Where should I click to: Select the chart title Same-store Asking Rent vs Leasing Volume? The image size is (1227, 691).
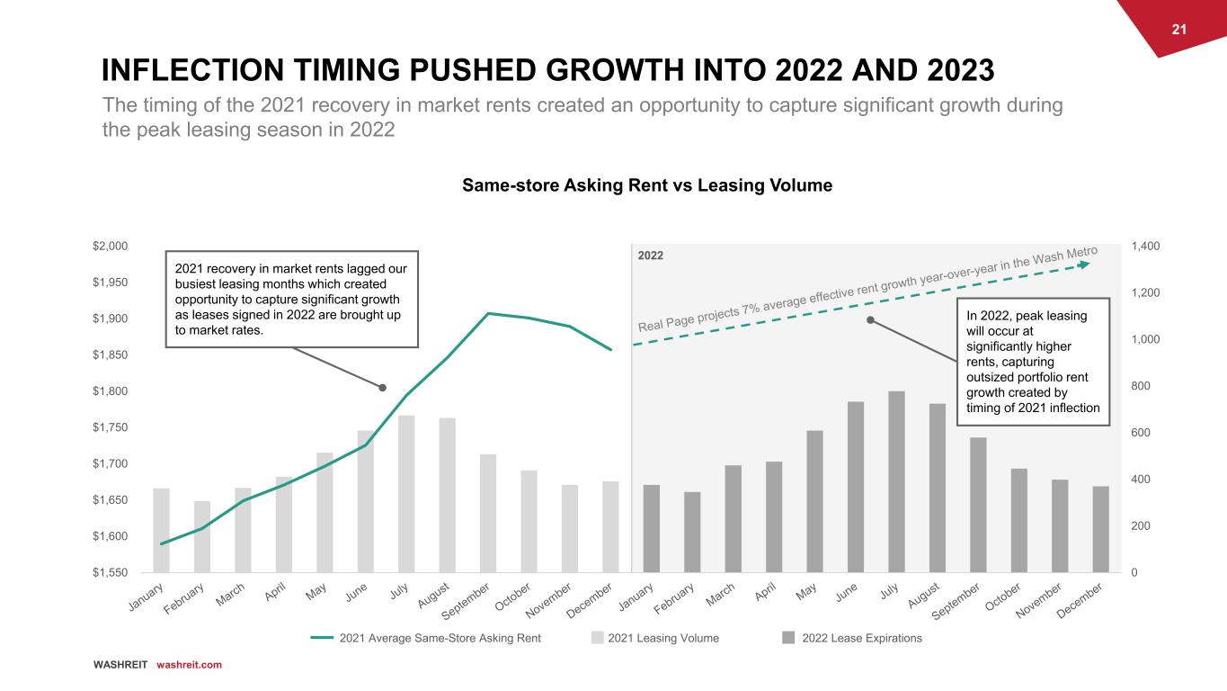(x=646, y=185)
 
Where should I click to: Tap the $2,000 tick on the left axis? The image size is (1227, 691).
(x=111, y=247)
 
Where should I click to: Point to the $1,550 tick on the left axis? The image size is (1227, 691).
(x=111, y=572)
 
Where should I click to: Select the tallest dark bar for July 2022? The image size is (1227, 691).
(x=896, y=481)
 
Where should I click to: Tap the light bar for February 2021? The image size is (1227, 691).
(x=202, y=536)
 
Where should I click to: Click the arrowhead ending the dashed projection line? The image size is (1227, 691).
(x=1084, y=264)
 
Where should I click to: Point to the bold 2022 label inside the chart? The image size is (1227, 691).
(x=651, y=256)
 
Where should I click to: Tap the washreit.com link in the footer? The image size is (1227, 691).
(x=189, y=665)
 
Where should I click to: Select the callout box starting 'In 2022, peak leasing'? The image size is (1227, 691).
(x=1034, y=362)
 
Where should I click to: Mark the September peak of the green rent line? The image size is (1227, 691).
(x=488, y=313)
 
